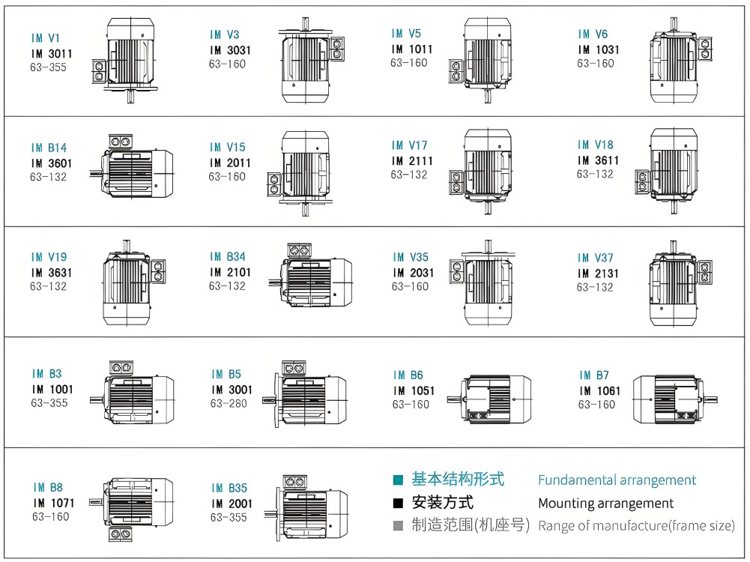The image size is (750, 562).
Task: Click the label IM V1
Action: (46, 37)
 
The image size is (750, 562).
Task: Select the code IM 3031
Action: (230, 50)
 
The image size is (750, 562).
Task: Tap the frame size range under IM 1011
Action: (409, 63)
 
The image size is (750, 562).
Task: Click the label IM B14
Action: (49, 148)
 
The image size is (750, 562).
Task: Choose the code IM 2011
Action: (230, 163)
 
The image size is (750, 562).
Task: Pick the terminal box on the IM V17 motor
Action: (457, 183)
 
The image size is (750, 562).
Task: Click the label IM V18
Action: (596, 145)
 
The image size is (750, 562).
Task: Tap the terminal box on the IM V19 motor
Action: (158, 271)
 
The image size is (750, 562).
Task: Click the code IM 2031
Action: (414, 273)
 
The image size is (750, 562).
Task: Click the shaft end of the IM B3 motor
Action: (97, 400)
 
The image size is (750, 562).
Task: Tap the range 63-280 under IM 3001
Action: (229, 404)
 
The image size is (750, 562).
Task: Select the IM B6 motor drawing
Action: (489, 399)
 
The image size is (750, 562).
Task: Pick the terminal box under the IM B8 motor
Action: (121, 534)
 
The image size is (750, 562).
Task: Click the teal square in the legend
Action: (398, 480)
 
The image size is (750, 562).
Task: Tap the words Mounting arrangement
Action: (605, 503)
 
